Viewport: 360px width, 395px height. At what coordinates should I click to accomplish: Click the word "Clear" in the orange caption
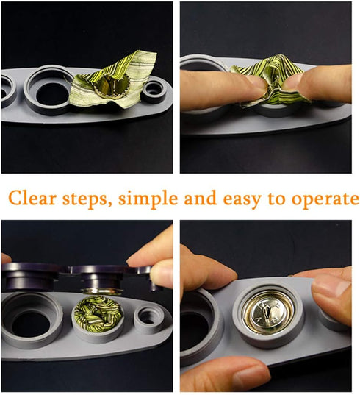[x=32, y=199]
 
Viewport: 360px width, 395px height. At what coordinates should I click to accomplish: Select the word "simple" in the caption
[x=148, y=200]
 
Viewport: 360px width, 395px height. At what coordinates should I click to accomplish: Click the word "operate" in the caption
[x=325, y=200]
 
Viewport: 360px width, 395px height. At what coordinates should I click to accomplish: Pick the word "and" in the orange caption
[x=201, y=198]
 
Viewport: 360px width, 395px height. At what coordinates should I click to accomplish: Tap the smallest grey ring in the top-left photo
[x=154, y=90]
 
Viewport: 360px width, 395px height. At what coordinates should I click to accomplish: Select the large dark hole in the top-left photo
[x=52, y=93]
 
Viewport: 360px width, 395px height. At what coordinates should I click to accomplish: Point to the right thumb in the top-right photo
[x=317, y=84]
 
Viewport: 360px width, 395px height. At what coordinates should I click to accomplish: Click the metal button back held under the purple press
[x=102, y=291]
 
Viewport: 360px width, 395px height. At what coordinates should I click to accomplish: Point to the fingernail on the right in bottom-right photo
[x=331, y=287]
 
